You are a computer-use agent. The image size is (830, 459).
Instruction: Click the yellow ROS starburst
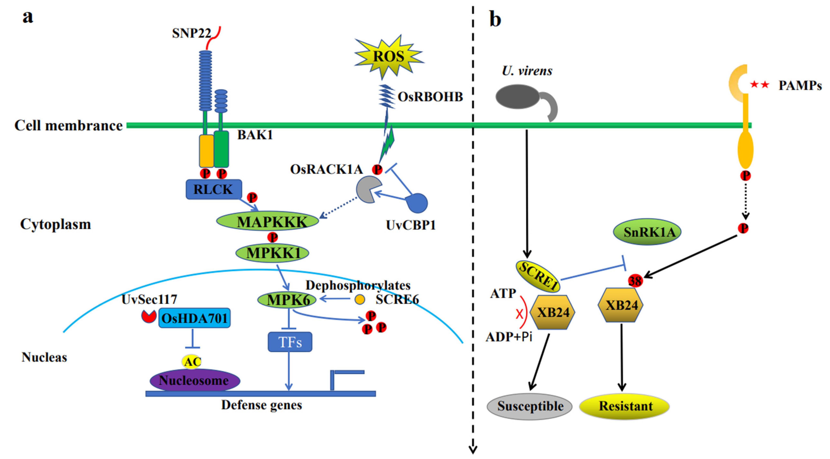pos(388,57)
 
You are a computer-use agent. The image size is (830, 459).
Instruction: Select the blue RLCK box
pos(213,189)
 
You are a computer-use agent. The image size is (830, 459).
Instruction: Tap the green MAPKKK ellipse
pos(267,221)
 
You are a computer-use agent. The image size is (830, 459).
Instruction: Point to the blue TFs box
pos(290,342)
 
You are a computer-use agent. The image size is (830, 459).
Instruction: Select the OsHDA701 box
pos(194,318)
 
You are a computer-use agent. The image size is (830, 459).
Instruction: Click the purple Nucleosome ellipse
pos(195,381)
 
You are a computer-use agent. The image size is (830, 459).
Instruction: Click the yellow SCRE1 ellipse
pos(538,276)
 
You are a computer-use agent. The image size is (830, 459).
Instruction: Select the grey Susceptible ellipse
pos(529,406)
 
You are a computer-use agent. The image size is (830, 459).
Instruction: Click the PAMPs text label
pos(800,86)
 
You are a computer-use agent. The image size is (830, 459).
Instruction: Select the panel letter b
pos(495,19)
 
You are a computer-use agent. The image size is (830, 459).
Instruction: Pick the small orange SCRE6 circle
pos(359,300)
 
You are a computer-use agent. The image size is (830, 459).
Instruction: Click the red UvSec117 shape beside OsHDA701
pos(149,316)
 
